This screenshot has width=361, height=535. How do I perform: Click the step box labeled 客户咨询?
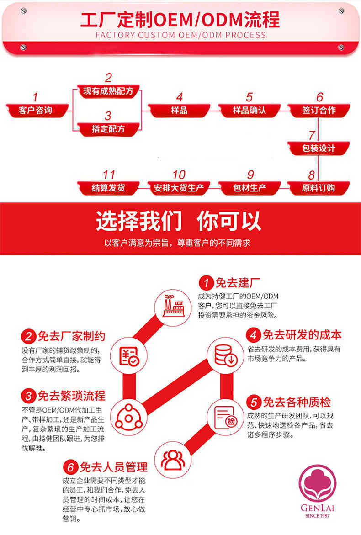[x=37, y=110]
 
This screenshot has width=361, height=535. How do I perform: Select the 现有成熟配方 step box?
[x=108, y=91]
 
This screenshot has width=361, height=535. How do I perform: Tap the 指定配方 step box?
[x=108, y=129]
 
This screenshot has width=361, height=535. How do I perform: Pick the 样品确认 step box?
[x=249, y=110]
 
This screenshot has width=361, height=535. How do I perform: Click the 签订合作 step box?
[x=319, y=110]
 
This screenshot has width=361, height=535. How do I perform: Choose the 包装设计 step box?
[x=319, y=148]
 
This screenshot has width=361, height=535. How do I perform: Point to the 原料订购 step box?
[x=319, y=187]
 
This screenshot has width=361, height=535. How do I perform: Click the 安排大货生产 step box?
[x=179, y=187]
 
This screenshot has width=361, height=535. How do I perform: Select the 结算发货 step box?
[x=108, y=187]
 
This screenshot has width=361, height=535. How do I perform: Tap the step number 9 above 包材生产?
[x=250, y=175]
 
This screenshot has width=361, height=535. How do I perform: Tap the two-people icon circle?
[x=172, y=460]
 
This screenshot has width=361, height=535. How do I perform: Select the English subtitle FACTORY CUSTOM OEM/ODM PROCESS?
[x=180, y=35]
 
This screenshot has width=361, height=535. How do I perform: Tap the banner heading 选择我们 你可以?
[x=179, y=221]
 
